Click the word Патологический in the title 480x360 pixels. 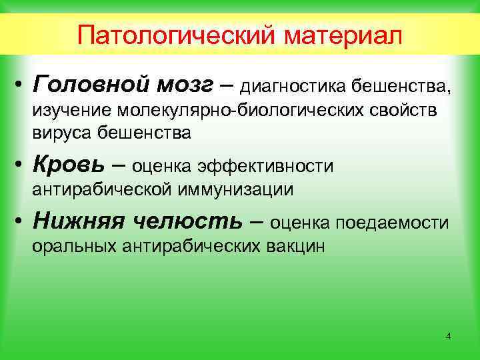[x=178, y=34]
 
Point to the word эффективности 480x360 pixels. [x=262, y=165]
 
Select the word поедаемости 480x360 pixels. [x=393, y=222]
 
